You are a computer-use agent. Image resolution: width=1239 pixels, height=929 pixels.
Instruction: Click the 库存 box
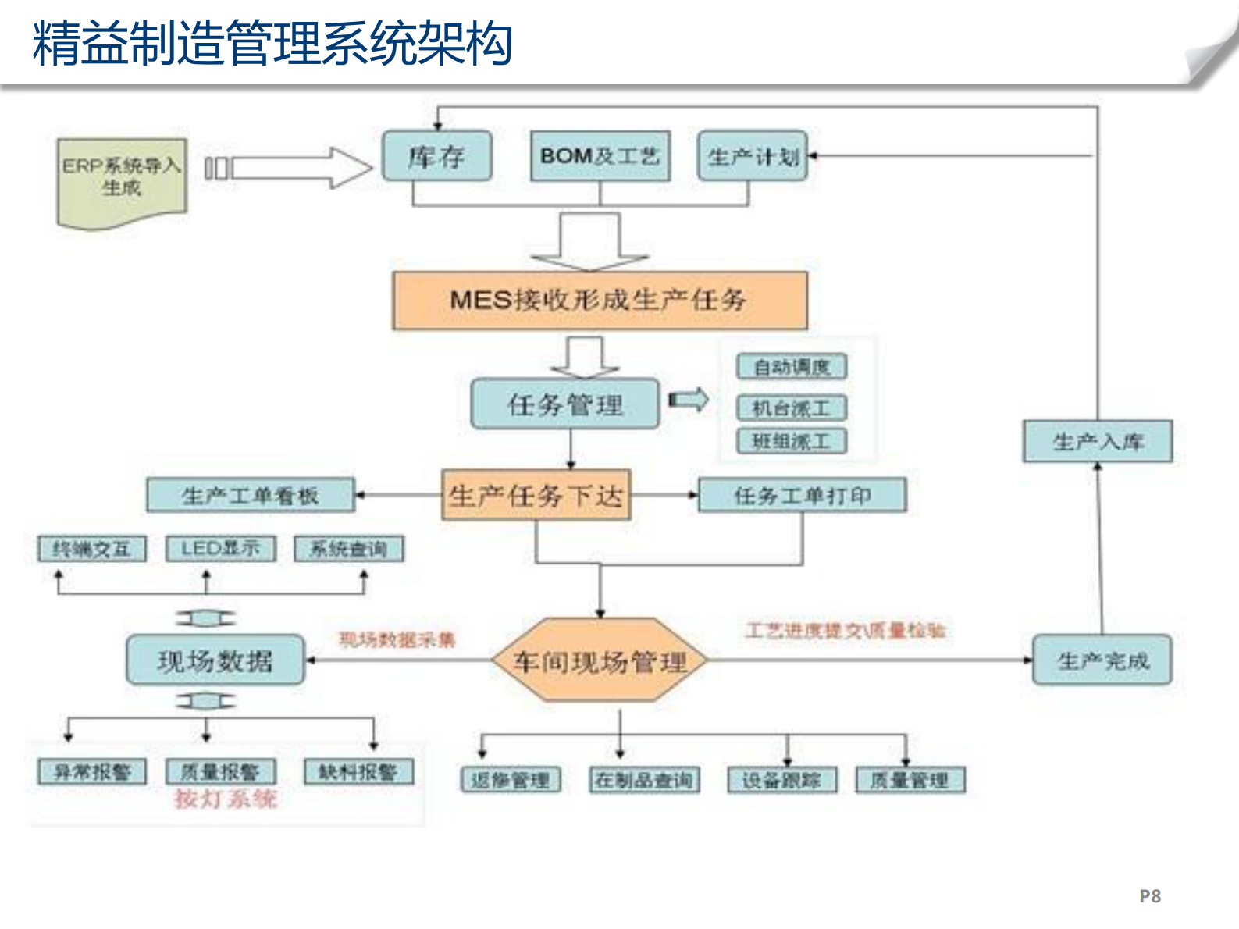(436, 157)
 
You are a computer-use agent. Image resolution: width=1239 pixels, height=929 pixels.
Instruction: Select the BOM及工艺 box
(600, 156)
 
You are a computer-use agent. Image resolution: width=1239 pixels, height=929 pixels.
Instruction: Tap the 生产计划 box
(752, 157)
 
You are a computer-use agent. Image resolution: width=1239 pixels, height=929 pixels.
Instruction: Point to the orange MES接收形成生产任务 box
(599, 301)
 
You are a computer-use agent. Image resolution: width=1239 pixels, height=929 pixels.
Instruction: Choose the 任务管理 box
(565, 404)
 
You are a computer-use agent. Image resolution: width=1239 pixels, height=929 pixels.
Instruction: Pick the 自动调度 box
(791, 367)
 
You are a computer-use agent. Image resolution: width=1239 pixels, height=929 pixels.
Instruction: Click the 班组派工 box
(791, 442)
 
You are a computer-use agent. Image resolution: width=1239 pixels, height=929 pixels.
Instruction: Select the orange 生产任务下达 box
(536, 496)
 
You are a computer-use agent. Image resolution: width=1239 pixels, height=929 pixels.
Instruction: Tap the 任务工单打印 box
(802, 496)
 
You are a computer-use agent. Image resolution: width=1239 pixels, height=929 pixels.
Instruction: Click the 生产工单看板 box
(250, 496)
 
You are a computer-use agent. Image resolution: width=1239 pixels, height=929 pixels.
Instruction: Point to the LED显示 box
(220, 549)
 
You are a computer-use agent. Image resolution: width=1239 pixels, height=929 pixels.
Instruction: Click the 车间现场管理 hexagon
(600, 661)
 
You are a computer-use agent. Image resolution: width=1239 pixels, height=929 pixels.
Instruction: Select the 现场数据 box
(215, 660)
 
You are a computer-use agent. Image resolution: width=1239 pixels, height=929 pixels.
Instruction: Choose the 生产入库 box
(1098, 442)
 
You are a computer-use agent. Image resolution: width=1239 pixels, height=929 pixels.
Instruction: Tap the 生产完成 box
(1102, 660)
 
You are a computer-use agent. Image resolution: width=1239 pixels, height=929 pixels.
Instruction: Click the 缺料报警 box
(358, 772)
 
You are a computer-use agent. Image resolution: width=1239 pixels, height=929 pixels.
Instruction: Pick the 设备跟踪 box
(781, 780)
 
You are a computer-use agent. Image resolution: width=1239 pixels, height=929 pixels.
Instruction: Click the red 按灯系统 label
(225, 799)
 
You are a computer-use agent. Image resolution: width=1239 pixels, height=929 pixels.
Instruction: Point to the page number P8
(1149, 896)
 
